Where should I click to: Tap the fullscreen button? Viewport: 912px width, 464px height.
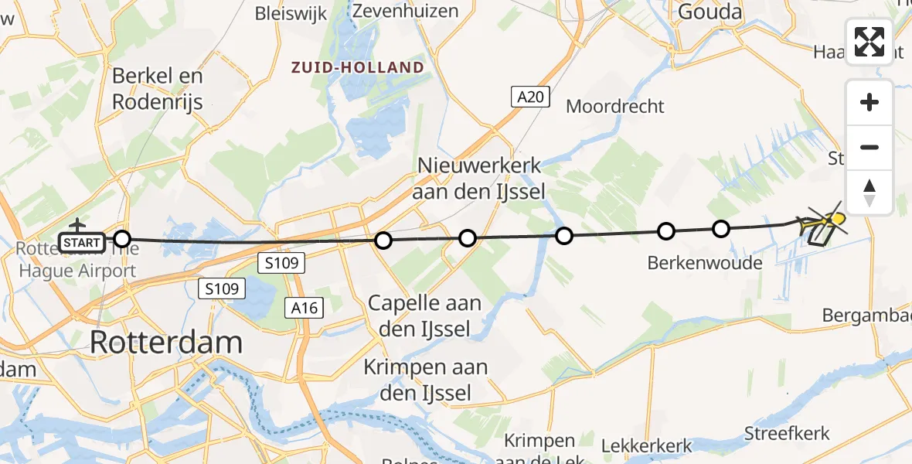(x=869, y=42)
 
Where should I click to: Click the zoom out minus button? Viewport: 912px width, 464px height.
(x=869, y=147)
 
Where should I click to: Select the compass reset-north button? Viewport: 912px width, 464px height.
(x=869, y=193)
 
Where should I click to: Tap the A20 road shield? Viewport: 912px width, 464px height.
(x=531, y=97)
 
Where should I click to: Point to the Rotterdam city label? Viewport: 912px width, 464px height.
(x=166, y=342)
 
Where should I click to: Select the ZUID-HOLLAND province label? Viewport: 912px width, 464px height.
(x=358, y=67)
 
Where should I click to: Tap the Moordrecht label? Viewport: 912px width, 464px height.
(x=615, y=106)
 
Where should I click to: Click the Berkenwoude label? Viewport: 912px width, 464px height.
(x=705, y=263)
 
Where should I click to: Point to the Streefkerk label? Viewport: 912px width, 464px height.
(x=787, y=433)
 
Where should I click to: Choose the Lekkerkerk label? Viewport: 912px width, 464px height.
(x=646, y=446)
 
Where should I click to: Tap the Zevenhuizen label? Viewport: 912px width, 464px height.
(x=405, y=11)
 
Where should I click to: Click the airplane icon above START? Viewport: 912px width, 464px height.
(x=77, y=225)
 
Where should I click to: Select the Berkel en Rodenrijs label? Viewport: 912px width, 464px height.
(x=158, y=89)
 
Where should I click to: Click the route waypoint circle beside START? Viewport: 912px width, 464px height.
(x=121, y=239)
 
